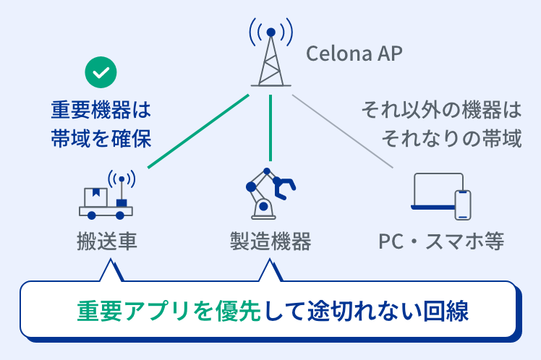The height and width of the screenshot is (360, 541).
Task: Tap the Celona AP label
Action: point(354,53)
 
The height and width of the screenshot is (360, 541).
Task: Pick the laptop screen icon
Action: point(436,191)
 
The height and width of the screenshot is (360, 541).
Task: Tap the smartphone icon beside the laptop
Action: point(462,205)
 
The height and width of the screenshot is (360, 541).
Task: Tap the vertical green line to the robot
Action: point(270,127)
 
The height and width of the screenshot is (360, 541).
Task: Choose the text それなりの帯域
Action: point(452,137)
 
